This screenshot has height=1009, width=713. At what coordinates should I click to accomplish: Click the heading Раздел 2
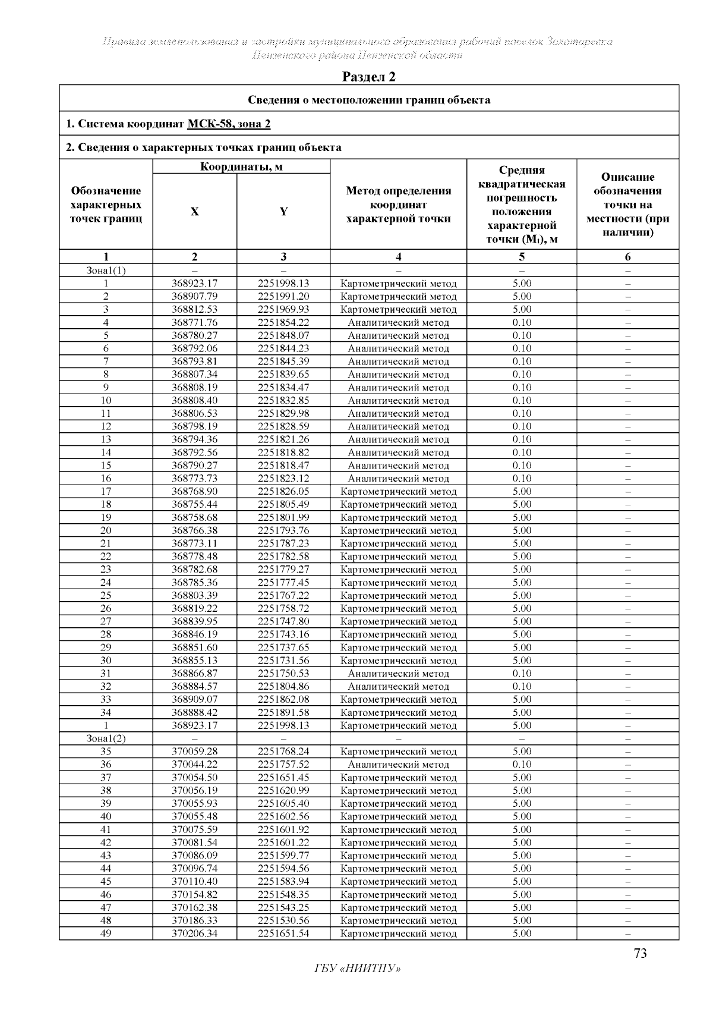pos(369,77)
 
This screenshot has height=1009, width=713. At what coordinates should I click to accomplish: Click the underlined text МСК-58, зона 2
pos(229,124)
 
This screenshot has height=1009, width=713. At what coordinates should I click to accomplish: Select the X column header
pos(194,212)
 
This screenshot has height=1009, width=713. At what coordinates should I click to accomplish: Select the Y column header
pos(283,212)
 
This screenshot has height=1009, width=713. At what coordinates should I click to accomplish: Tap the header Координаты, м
pos(241,166)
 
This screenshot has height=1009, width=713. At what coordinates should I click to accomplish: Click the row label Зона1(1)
pos(106,271)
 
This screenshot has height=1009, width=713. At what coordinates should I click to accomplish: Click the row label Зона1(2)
pos(106,738)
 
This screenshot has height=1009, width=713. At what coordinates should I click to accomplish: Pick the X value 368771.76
pos(194,322)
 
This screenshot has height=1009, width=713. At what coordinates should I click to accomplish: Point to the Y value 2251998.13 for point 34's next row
pos(283,725)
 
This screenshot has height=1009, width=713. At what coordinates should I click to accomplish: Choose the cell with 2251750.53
pos(283,673)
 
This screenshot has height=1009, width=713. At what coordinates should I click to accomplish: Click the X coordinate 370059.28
pos(194,752)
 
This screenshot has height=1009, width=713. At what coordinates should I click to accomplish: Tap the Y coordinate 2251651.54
pos(283,933)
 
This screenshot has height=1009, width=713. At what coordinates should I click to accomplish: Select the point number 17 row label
pos(106,492)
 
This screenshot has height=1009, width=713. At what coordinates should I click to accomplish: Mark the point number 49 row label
pos(106,933)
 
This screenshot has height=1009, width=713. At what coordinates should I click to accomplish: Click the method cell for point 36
pos(398,765)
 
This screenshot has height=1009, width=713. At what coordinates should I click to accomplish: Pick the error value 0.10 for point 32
pos(522,686)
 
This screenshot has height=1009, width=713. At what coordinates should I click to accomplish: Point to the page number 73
pos(640,954)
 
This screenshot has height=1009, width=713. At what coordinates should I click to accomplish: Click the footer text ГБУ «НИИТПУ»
pos(357,969)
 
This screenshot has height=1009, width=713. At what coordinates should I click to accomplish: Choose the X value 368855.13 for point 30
pos(194,661)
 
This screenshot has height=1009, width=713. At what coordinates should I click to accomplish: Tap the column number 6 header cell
pos(627,257)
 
